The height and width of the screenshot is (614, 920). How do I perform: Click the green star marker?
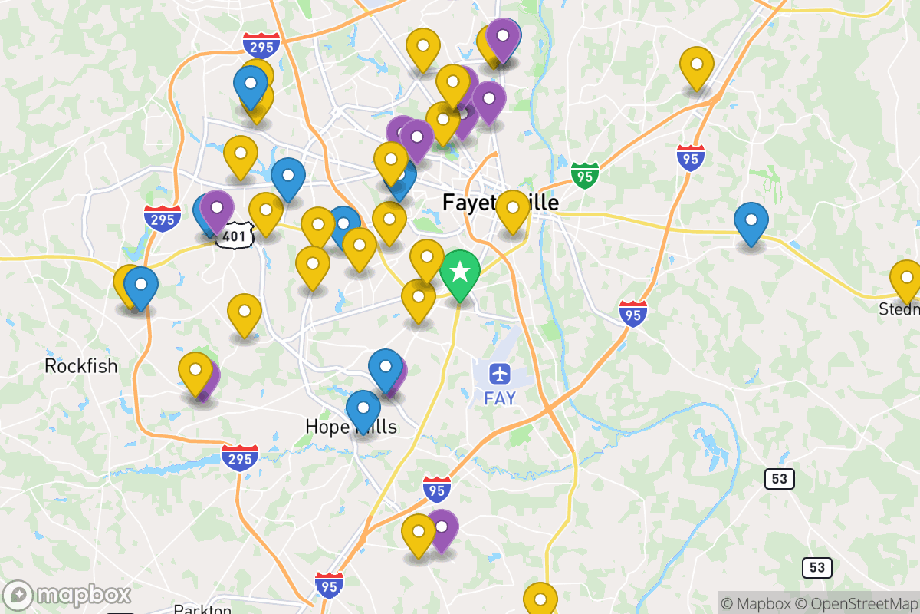[460, 272]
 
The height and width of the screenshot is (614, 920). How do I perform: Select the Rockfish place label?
[80, 366]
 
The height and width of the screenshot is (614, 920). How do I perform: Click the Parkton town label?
[202, 609]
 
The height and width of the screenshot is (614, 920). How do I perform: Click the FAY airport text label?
[500, 398]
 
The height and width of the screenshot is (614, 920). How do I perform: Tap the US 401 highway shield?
[233, 236]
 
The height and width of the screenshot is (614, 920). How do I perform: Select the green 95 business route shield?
[584, 175]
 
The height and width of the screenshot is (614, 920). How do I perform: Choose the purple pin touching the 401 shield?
[217, 209]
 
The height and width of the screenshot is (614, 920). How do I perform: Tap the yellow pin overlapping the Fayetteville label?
[513, 209]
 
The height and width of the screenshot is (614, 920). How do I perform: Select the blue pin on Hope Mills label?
[363, 408]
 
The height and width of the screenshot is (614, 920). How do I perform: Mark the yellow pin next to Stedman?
[906, 279]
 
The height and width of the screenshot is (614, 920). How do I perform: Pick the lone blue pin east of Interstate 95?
[751, 221]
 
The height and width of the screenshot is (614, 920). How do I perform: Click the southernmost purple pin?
[442, 528]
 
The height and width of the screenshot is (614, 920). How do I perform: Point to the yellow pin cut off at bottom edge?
[540, 599]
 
